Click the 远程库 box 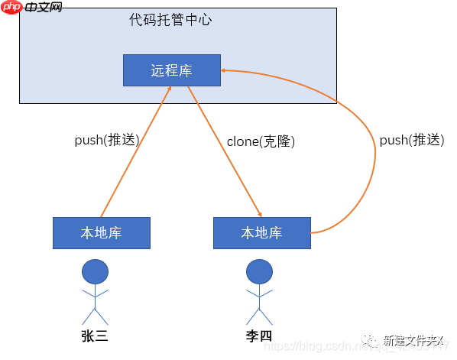tap(171, 70)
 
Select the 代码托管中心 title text tap(170, 20)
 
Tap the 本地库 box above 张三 tap(101, 233)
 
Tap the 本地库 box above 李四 tap(261, 233)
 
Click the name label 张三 tap(95, 336)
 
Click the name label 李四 tap(259, 336)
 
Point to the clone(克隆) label tap(261, 141)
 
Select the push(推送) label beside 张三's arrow tap(106, 141)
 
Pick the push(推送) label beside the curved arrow tap(412, 141)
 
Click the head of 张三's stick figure tap(96, 271)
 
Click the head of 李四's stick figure tap(259, 271)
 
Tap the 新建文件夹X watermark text tap(413, 341)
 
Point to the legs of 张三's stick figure tap(96, 315)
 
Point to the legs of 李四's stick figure tap(259, 315)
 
